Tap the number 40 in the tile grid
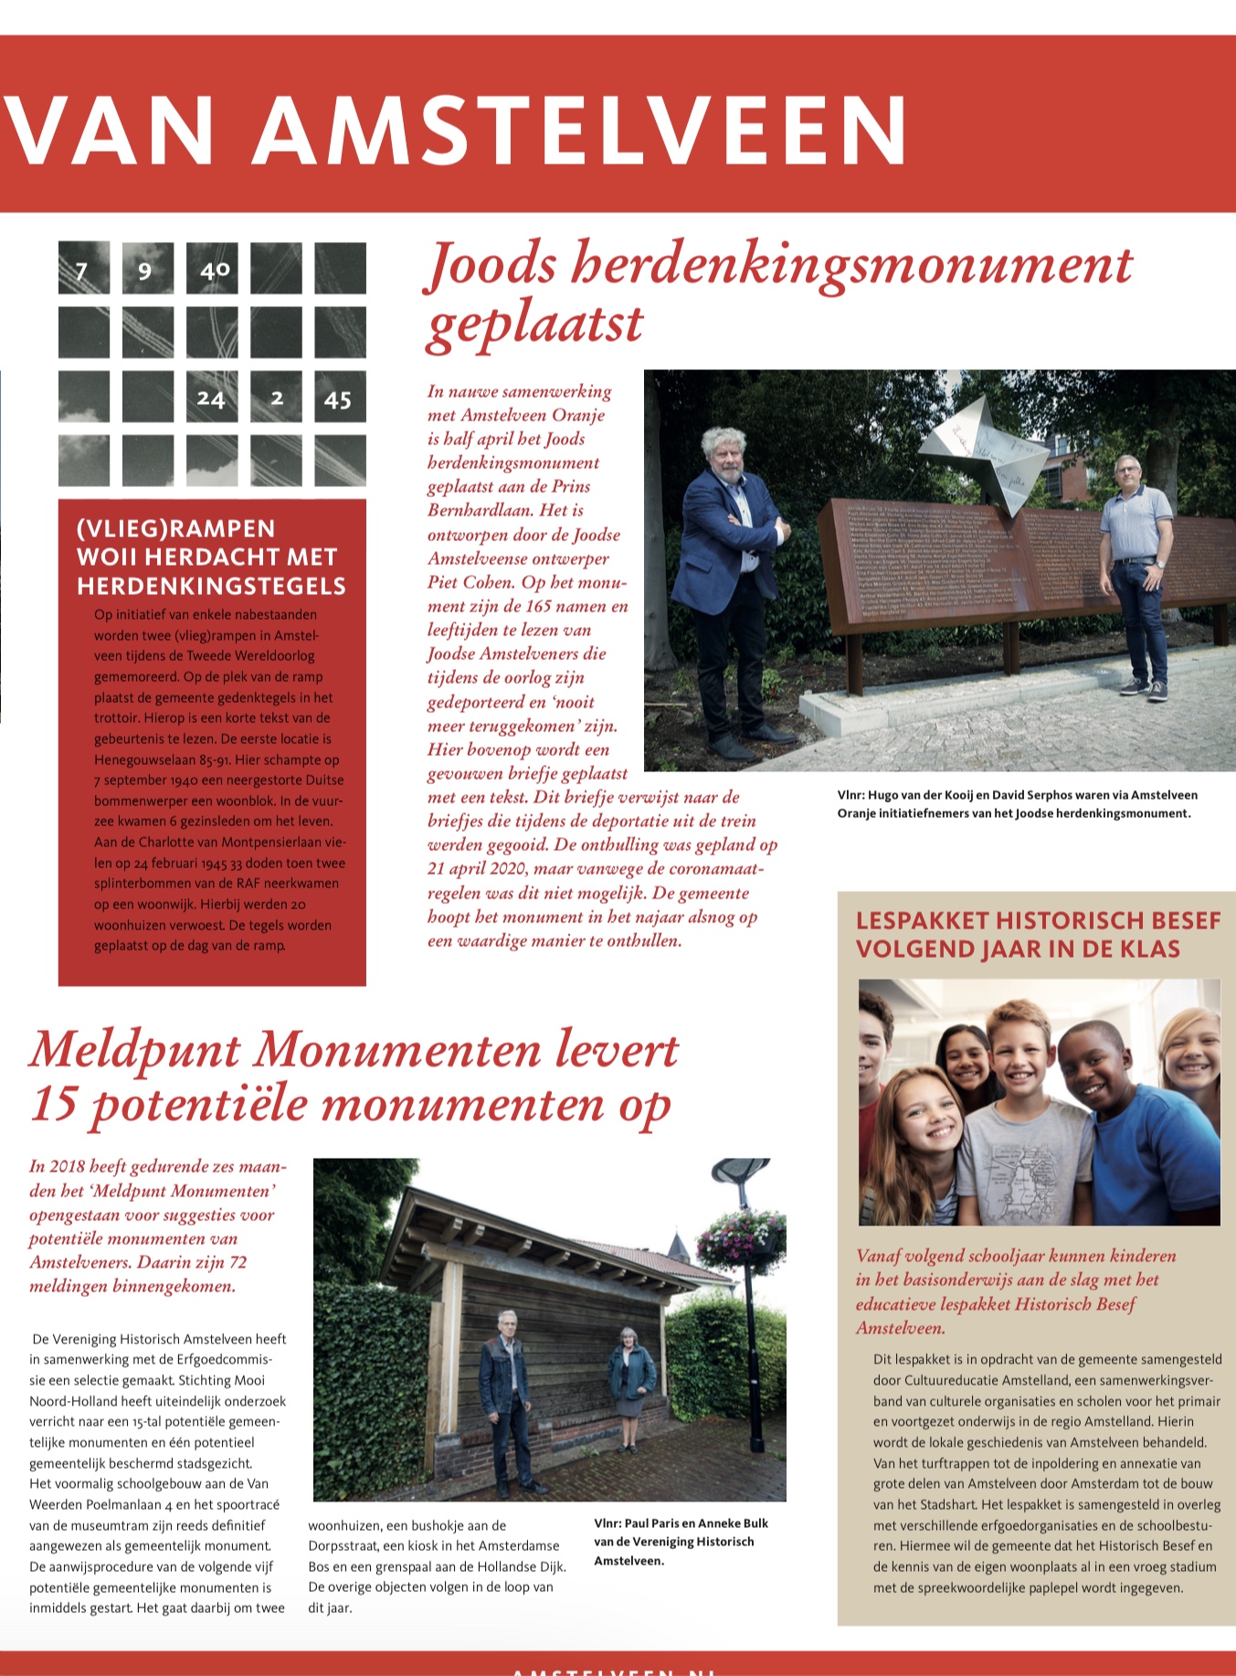click(215, 270)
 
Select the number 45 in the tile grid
click(338, 399)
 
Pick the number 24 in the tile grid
click(211, 398)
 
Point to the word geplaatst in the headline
click(535, 324)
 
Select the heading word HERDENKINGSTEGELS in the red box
click(211, 586)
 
